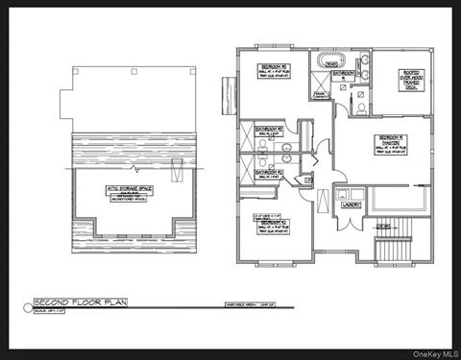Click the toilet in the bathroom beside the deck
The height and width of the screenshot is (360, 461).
coord(357,108)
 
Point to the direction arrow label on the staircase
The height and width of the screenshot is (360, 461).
coord(382,225)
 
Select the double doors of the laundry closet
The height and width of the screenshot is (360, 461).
coord(346,192)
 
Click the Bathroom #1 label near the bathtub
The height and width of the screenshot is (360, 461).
coord(342,74)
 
